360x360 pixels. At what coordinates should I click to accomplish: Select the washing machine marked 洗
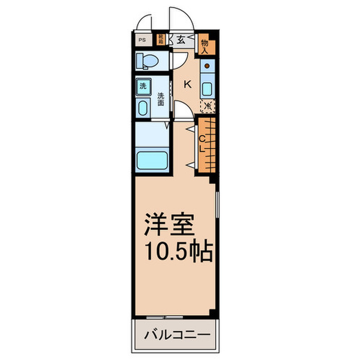pyautogui.click(x=142, y=86)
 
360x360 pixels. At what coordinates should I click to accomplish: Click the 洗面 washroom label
pyautogui.click(x=161, y=99)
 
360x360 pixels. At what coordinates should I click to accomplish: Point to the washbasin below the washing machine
pyautogui.click(x=142, y=107)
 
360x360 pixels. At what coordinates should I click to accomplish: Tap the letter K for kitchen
pyautogui.click(x=188, y=85)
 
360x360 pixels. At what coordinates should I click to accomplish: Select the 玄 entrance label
pyautogui.click(x=182, y=40)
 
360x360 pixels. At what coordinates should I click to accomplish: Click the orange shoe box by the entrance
pyautogui.click(x=161, y=39)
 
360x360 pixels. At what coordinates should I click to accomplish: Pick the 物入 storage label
pyautogui.click(x=204, y=46)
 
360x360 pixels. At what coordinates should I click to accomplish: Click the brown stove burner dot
pyautogui.click(x=207, y=66)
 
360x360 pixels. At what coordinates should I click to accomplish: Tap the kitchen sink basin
pyautogui.click(x=207, y=88)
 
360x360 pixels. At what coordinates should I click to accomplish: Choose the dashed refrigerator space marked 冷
pyautogui.click(x=208, y=106)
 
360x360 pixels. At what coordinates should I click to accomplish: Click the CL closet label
pyautogui.click(x=202, y=143)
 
